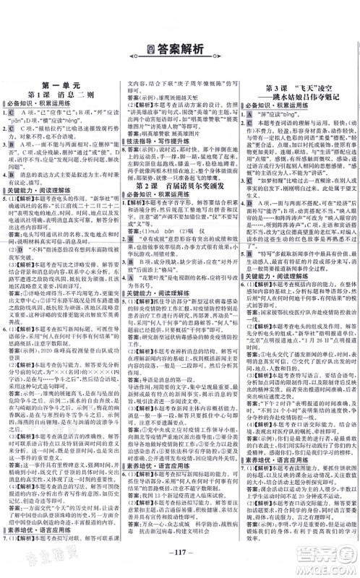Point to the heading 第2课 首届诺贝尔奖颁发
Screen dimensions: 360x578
[x=179, y=187]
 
